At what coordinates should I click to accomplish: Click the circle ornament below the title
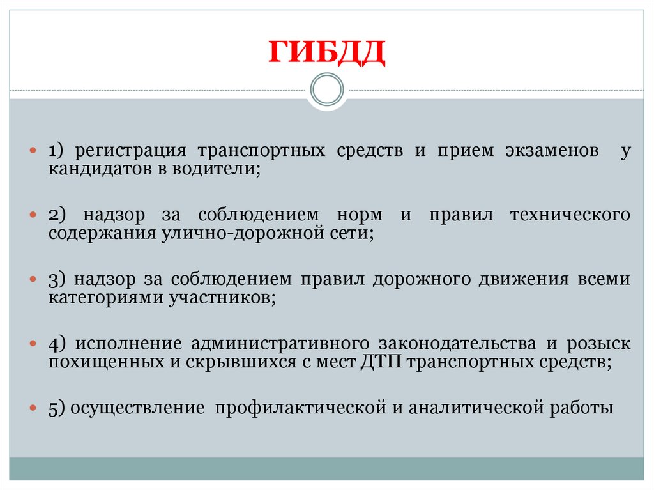point(326,90)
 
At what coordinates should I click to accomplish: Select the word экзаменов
point(552,151)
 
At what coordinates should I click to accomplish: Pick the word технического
point(570,215)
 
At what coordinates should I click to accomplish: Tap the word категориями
point(106,297)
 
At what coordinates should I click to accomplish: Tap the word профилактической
point(301,407)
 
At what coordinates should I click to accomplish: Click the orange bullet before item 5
point(33,406)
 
